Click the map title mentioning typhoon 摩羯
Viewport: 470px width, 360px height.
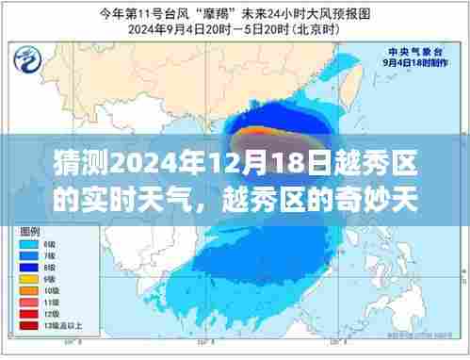pos(235,13)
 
